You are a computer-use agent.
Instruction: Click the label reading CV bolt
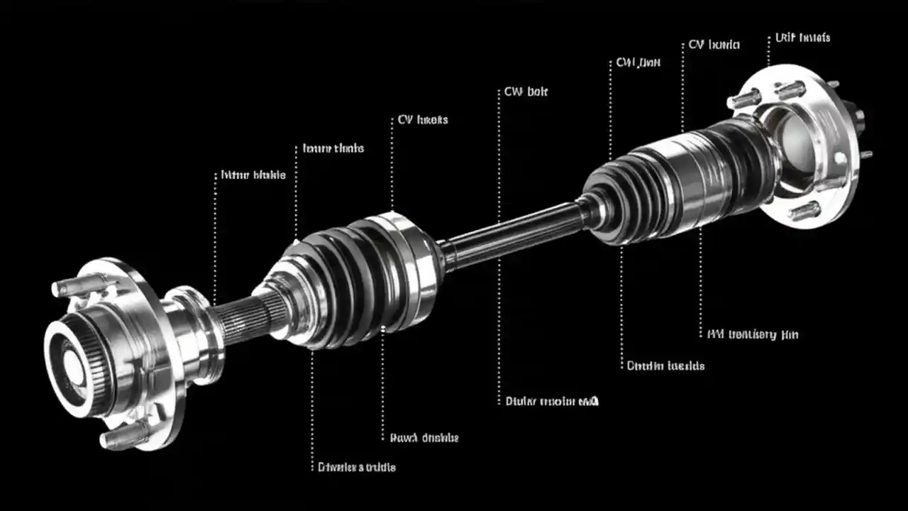(x=526, y=92)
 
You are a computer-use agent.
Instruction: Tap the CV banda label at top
(x=714, y=45)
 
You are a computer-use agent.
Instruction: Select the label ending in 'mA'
(x=552, y=401)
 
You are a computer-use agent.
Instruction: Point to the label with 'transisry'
(x=753, y=334)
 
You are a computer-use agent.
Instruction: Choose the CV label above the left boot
(x=422, y=120)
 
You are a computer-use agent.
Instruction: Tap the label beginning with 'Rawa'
(x=424, y=438)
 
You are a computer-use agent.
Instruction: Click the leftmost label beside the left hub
(x=253, y=175)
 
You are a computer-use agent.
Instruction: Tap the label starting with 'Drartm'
(x=665, y=366)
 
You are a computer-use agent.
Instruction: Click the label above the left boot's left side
(x=333, y=148)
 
